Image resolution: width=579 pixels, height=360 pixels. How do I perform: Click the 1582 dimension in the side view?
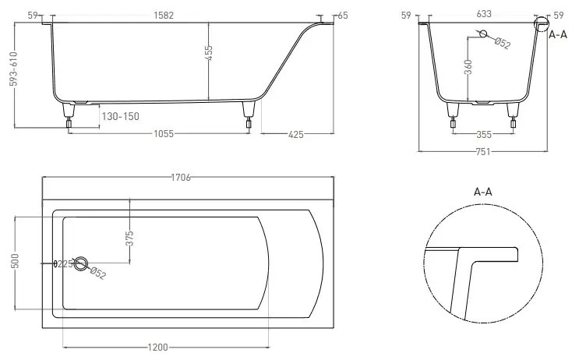[x=164, y=15]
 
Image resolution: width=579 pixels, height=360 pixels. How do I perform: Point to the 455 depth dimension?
[x=209, y=53]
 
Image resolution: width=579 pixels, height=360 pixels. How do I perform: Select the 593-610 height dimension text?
[x=14, y=69]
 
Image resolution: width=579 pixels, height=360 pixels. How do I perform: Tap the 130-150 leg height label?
[x=120, y=116]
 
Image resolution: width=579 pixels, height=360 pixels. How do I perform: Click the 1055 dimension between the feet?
[x=164, y=133]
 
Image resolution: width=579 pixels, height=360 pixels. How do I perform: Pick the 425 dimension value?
[x=296, y=134]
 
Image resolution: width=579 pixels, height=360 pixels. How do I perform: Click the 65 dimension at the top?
[x=343, y=16]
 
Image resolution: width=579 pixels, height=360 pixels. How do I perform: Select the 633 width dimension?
[x=484, y=14]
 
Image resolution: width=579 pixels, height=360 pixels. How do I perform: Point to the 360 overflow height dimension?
[x=468, y=67]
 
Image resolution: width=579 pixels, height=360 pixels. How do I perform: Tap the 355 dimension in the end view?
[x=484, y=134]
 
